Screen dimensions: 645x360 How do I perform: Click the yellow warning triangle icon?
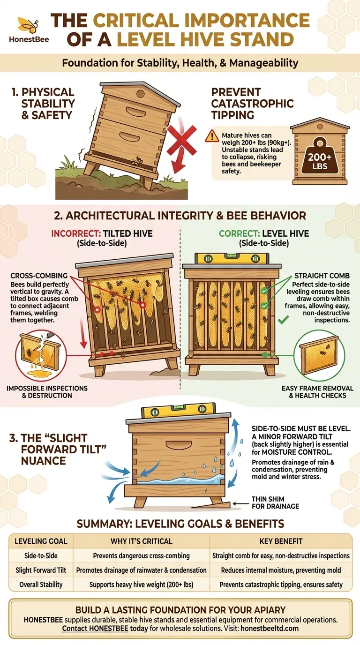[212, 136]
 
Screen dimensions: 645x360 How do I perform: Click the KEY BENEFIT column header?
[281, 541]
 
